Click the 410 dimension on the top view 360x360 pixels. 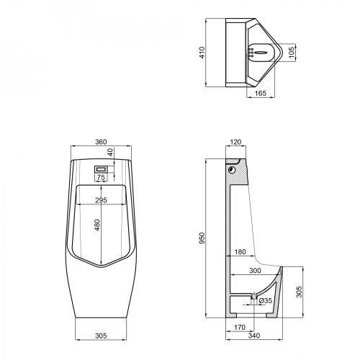pyautogui.click(x=204, y=53)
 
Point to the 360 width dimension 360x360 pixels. pyautogui.click(x=102, y=142)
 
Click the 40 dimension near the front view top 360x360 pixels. pyautogui.click(x=110, y=153)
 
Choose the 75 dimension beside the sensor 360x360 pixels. pyautogui.click(x=102, y=176)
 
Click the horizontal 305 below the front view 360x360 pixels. pyautogui.click(x=102, y=335)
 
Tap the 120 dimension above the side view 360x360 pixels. pyautogui.click(x=235, y=143)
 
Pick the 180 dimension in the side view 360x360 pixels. pyautogui.click(x=240, y=252)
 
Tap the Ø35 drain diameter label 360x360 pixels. pyautogui.click(x=264, y=300)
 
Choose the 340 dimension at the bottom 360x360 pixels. pyautogui.click(x=253, y=335)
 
